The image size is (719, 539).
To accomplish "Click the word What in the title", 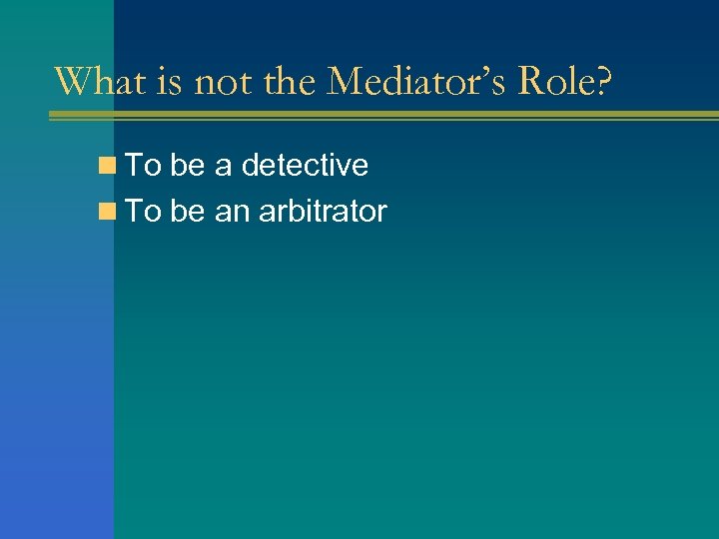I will tap(101, 81).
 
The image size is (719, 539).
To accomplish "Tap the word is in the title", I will tap(171, 81).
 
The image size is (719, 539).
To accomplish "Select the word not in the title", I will tap(223, 81).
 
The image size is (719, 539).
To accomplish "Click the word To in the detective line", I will tap(144, 166).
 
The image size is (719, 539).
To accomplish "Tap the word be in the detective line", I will tap(187, 166).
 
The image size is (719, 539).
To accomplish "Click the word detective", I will tap(305, 166).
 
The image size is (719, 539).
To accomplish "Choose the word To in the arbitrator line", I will tap(144, 212).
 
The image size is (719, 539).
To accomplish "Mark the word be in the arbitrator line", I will tap(187, 212).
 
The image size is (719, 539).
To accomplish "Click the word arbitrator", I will tap(323, 212).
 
